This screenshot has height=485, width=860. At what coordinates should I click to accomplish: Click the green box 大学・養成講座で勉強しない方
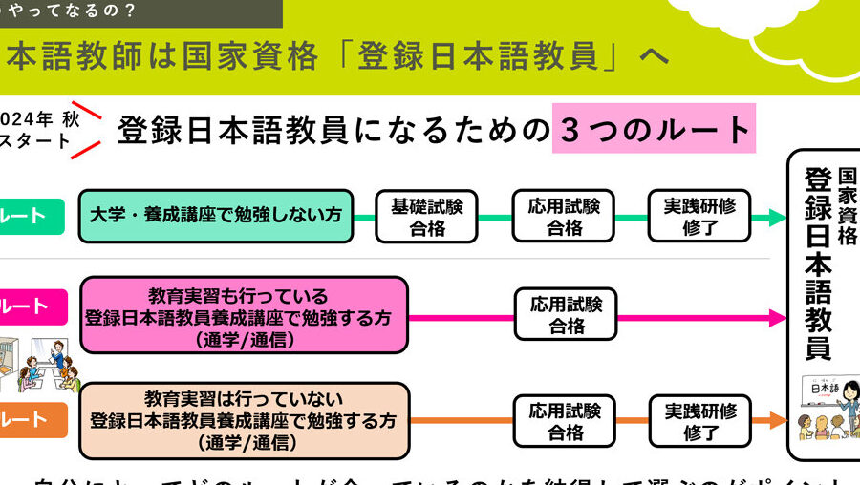(216, 216)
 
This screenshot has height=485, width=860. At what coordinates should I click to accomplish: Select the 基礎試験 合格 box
(427, 217)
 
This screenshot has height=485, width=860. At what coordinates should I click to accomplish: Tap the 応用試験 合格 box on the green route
(565, 217)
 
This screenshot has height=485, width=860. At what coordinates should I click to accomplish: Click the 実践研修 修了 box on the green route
(699, 217)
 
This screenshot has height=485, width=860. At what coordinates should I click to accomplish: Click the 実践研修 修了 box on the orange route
(699, 421)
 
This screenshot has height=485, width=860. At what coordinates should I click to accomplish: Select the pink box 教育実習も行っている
(244, 314)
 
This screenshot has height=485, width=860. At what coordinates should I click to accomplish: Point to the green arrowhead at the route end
(776, 218)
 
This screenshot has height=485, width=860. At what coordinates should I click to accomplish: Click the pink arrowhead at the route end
(777, 317)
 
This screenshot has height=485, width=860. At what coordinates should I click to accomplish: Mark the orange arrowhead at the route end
(776, 421)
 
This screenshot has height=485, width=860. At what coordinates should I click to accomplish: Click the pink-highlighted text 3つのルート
(654, 129)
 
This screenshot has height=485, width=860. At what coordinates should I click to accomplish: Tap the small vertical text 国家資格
(847, 206)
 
